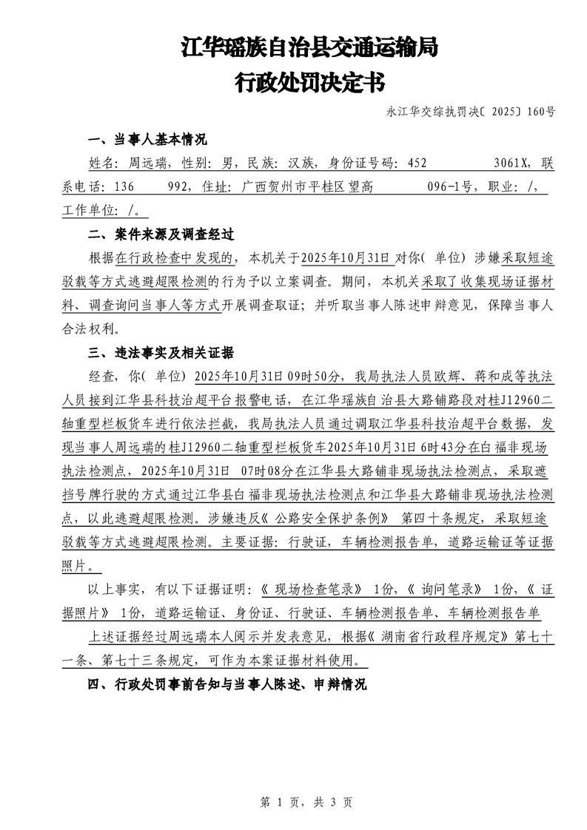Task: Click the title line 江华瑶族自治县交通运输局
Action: pos(309,49)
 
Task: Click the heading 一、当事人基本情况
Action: pos(147,141)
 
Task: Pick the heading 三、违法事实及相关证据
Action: pos(161,351)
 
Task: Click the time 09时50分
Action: pos(310,375)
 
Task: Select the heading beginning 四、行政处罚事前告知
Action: pos(227,684)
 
